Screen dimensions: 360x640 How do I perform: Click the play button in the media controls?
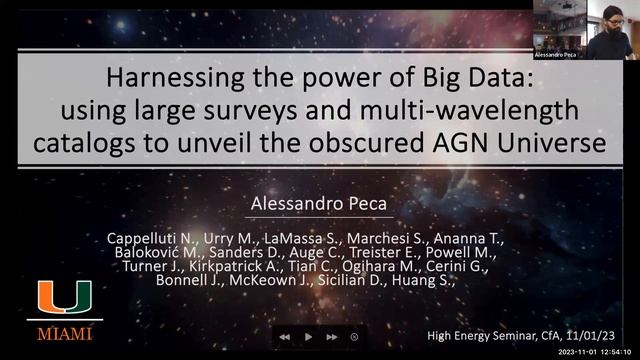coord(308,337)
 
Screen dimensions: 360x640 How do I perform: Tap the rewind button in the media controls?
coord(284,337)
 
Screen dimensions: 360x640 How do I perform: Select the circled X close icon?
coord(354,337)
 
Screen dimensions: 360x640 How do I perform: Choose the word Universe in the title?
coord(546,143)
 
